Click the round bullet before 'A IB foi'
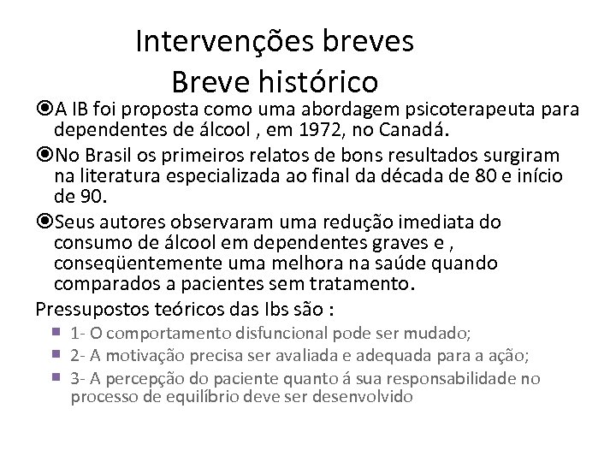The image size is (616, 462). (44, 110)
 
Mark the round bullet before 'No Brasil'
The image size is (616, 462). (44, 154)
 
